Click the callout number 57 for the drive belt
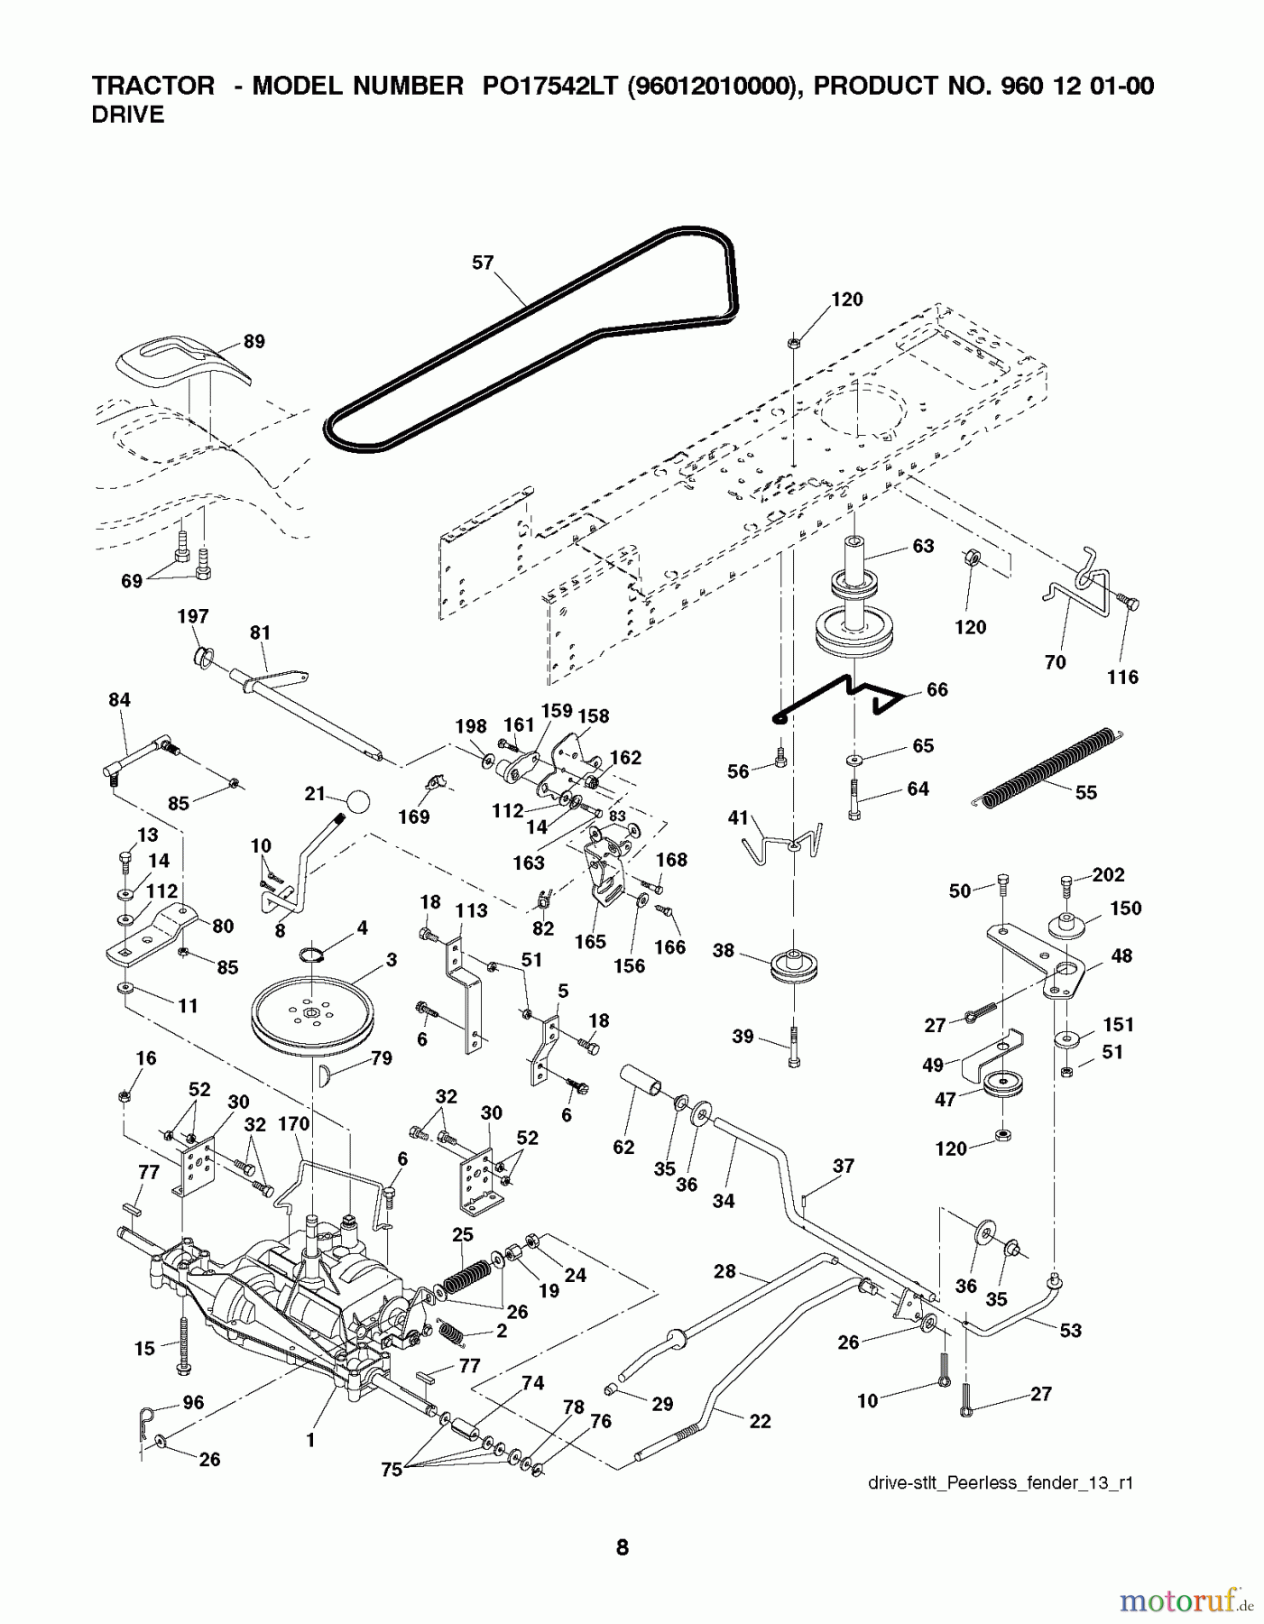click(x=483, y=263)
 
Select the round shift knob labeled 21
click(x=358, y=802)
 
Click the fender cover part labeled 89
click(x=179, y=362)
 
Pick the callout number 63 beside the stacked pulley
click(x=923, y=546)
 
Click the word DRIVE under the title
click(x=128, y=115)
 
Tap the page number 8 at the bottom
click(x=623, y=1548)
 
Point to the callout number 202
click(x=1109, y=874)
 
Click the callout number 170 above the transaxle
click(x=293, y=1124)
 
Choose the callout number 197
click(x=193, y=616)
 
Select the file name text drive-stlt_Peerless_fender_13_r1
click(x=1000, y=1482)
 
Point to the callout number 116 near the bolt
click(x=1123, y=677)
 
